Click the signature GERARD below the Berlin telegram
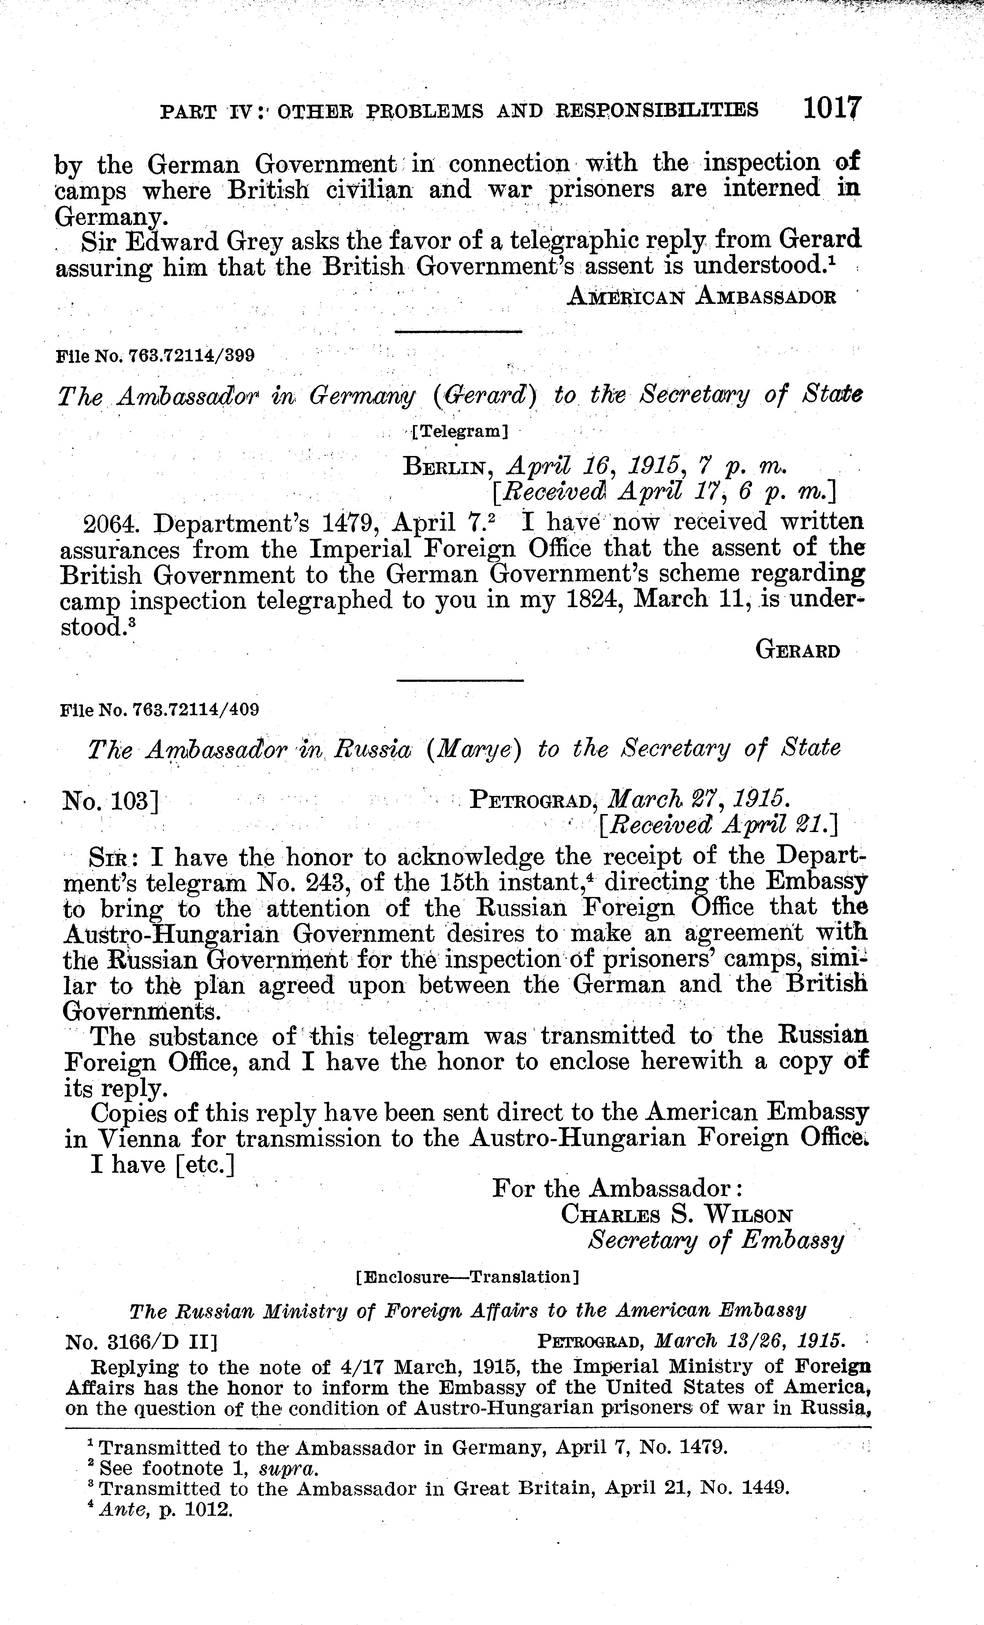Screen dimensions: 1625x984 click(x=797, y=652)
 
